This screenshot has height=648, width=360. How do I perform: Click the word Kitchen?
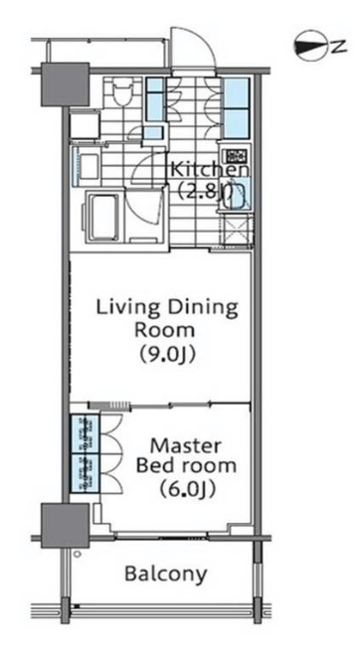pyautogui.click(x=210, y=170)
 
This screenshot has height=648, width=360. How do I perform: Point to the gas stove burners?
pyautogui.click(x=235, y=155)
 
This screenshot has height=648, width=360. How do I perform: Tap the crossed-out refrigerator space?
pyautogui.click(x=236, y=231)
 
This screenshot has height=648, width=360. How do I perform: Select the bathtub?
pyautogui.click(x=102, y=217)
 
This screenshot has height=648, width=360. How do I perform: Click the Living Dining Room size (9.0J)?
pyautogui.click(x=167, y=354)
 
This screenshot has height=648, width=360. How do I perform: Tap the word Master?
pyautogui.click(x=185, y=446)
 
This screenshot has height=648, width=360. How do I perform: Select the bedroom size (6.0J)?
pyautogui.click(x=188, y=489)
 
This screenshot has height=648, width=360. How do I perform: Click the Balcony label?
pyautogui.click(x=166, y=573)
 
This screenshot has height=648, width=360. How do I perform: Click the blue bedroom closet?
pyautogui.click(x=86, y=453)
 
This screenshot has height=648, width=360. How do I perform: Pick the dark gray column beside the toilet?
pyautogui.click(x=66, y=83)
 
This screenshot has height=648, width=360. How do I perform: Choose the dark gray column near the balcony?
pyautogui.click(x=65, y=526)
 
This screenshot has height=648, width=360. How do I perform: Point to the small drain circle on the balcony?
pyautogui.click(x=77, y=554)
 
